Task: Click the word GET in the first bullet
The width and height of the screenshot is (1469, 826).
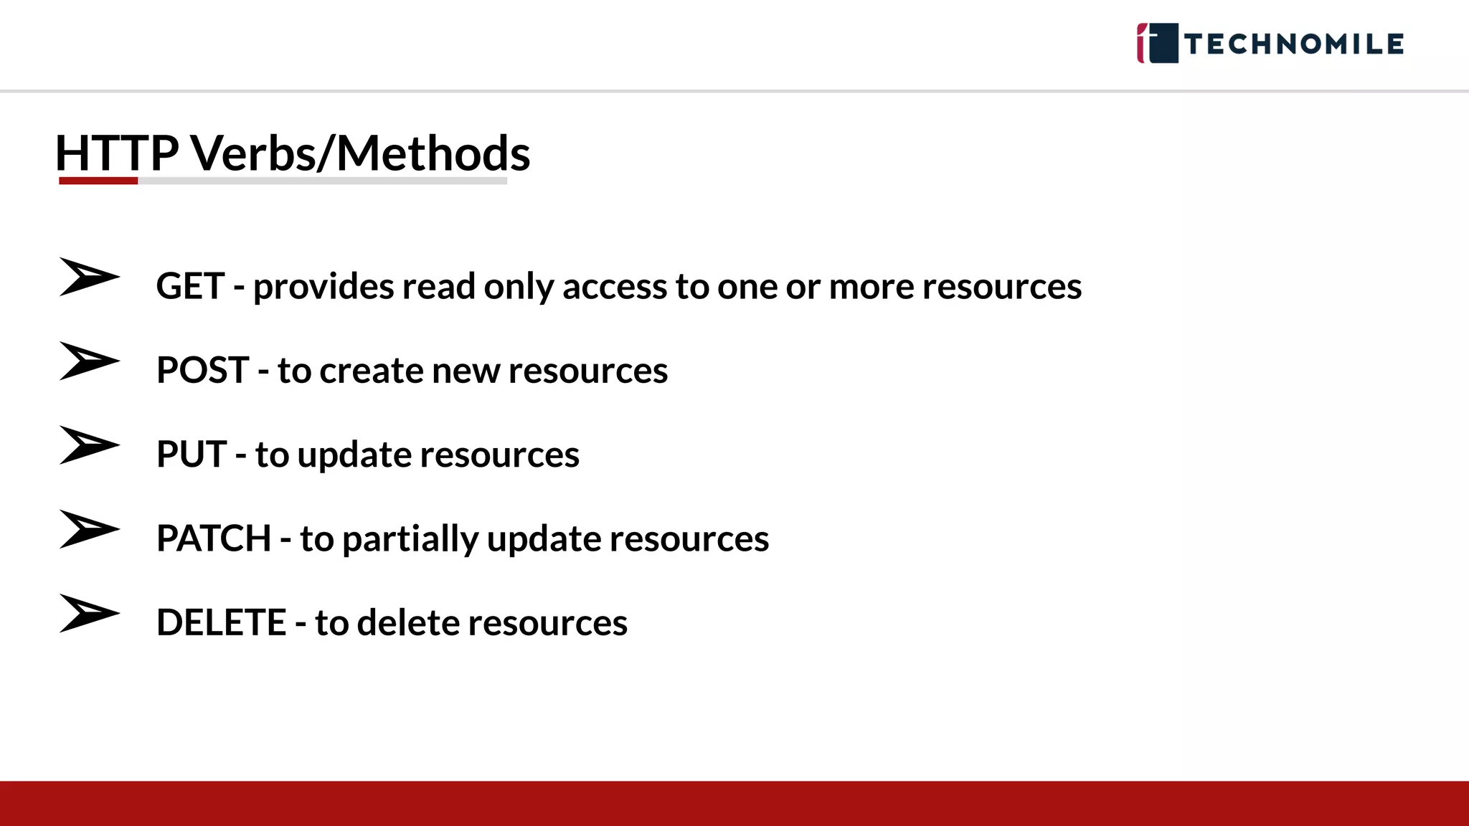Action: pyautogui.click(x=190, y=286)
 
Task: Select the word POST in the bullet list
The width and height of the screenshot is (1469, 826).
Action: pyautogui.click(x=202, y=370)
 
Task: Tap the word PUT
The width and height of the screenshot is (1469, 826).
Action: pyautogui.click(x=192, y=454)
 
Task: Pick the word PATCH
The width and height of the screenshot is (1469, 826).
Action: pyautogui.click(x=214, y=538)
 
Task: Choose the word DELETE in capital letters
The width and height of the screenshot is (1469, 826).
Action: pyautogui.click(x=221, y=622)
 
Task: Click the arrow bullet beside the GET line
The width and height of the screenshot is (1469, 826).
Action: pyautogui.click(x=89, y=277)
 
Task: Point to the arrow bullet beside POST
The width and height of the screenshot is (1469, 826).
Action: pyautogui.click(x=89, y=361)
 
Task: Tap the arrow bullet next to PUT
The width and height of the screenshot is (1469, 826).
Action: pyautogui.click(x=89, y=445)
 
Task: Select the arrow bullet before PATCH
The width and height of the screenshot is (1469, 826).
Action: pyautogui.click(x=89, y=529)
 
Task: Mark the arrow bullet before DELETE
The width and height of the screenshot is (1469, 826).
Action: pyautogui.click(x=89, y=613)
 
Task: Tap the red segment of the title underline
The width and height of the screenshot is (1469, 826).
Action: pyautogui.click(x=98, y=181)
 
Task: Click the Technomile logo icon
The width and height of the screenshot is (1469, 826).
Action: pyautogui.click(x=1157, y=43)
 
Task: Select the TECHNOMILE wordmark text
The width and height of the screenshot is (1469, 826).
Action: pyautogui.click(x=1294, y=44)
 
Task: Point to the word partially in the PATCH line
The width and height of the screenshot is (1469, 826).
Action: pyautogui.click(x=410, y=539)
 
